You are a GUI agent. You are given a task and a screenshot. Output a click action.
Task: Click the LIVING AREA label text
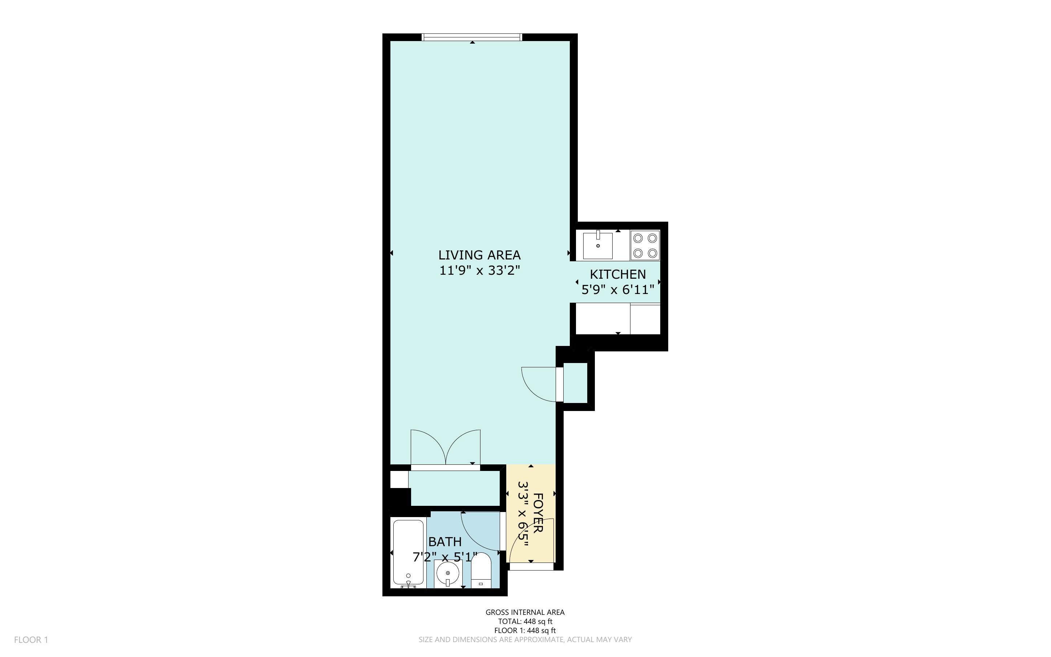click(479, 255)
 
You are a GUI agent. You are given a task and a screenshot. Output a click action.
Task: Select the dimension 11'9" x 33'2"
click(479, 271)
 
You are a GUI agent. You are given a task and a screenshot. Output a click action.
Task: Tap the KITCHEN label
click(617, 274)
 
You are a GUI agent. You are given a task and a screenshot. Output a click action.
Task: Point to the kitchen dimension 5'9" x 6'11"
click(617, 289)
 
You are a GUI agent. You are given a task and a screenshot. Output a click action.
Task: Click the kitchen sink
click(597, 246)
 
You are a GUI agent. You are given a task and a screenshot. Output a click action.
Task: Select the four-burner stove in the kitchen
click(645, 246)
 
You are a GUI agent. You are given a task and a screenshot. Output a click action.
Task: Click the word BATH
click(445, 542)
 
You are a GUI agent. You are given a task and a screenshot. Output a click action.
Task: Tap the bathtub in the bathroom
click(408, 552)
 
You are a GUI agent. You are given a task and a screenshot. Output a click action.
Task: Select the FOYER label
click(538, 513)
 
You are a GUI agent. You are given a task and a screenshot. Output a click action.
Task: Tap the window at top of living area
click(472, 37)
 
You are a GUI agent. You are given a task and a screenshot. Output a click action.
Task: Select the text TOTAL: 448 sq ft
click(525, 621)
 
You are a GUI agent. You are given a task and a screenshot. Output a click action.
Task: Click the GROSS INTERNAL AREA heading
click(525, 612)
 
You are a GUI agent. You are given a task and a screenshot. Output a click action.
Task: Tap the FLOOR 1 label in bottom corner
click(31, 640)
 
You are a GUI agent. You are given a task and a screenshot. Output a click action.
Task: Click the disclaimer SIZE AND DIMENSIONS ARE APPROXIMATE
click(525, 640)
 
